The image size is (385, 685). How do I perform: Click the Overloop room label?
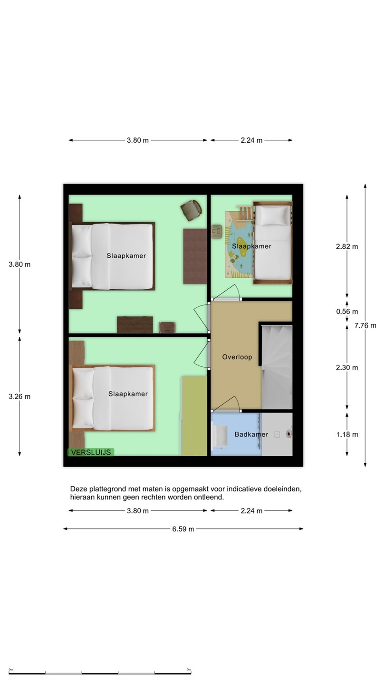pos(237,357)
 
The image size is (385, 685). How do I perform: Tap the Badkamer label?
pos(251,434)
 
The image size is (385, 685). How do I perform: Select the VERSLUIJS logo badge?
pos(91,452)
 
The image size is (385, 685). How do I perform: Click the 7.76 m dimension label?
pos(365,325)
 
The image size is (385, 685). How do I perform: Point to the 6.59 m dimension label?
pos(183,529)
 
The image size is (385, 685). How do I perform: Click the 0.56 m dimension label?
pos(347,312)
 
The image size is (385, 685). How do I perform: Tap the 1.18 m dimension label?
pos(347,435)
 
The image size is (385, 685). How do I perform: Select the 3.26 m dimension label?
pos(19,397)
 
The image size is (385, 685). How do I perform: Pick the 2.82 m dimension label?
pos(347,246)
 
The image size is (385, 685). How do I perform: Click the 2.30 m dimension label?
pos(347,368)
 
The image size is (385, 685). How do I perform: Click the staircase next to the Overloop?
pos(277,367)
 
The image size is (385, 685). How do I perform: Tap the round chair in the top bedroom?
pos(191,210)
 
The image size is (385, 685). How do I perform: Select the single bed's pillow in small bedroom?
pos(273,215)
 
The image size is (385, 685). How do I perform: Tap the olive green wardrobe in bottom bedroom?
pos(194,416)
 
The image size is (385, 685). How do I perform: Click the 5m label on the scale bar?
pos(189,670)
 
